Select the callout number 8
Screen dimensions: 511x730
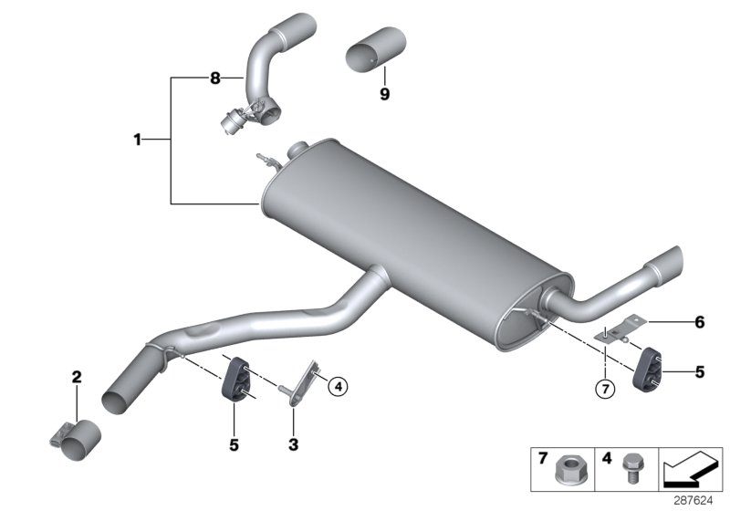coord(215,79)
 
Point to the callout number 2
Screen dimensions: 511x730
coord(77,375)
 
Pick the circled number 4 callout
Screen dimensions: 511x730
coord(338,387)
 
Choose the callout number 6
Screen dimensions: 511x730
coord(700,321)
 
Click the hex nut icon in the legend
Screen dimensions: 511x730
coord(564,473)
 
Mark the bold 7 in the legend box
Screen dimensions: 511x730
coord(541,455)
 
